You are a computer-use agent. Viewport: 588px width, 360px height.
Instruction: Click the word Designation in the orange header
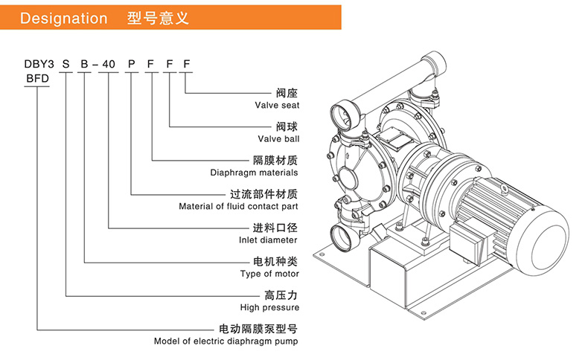pyautogui.click(x=64, y=19)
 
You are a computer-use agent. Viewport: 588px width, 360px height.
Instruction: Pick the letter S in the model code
pyautogui.click(x=66, y=64)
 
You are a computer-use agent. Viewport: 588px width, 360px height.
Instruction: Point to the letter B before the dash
pyautogui.click(x=85, y=64)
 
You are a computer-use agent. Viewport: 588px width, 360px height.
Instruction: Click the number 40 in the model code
pyautogui.click(x=109, y=64)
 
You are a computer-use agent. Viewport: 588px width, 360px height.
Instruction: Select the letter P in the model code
pyautogui.click(x=131, y=64)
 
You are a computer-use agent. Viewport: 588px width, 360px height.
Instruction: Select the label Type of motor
pyautogui.click(x=269, y=274)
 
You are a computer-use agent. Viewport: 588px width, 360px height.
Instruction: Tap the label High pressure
pyautogui.click(x=269, y=307)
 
